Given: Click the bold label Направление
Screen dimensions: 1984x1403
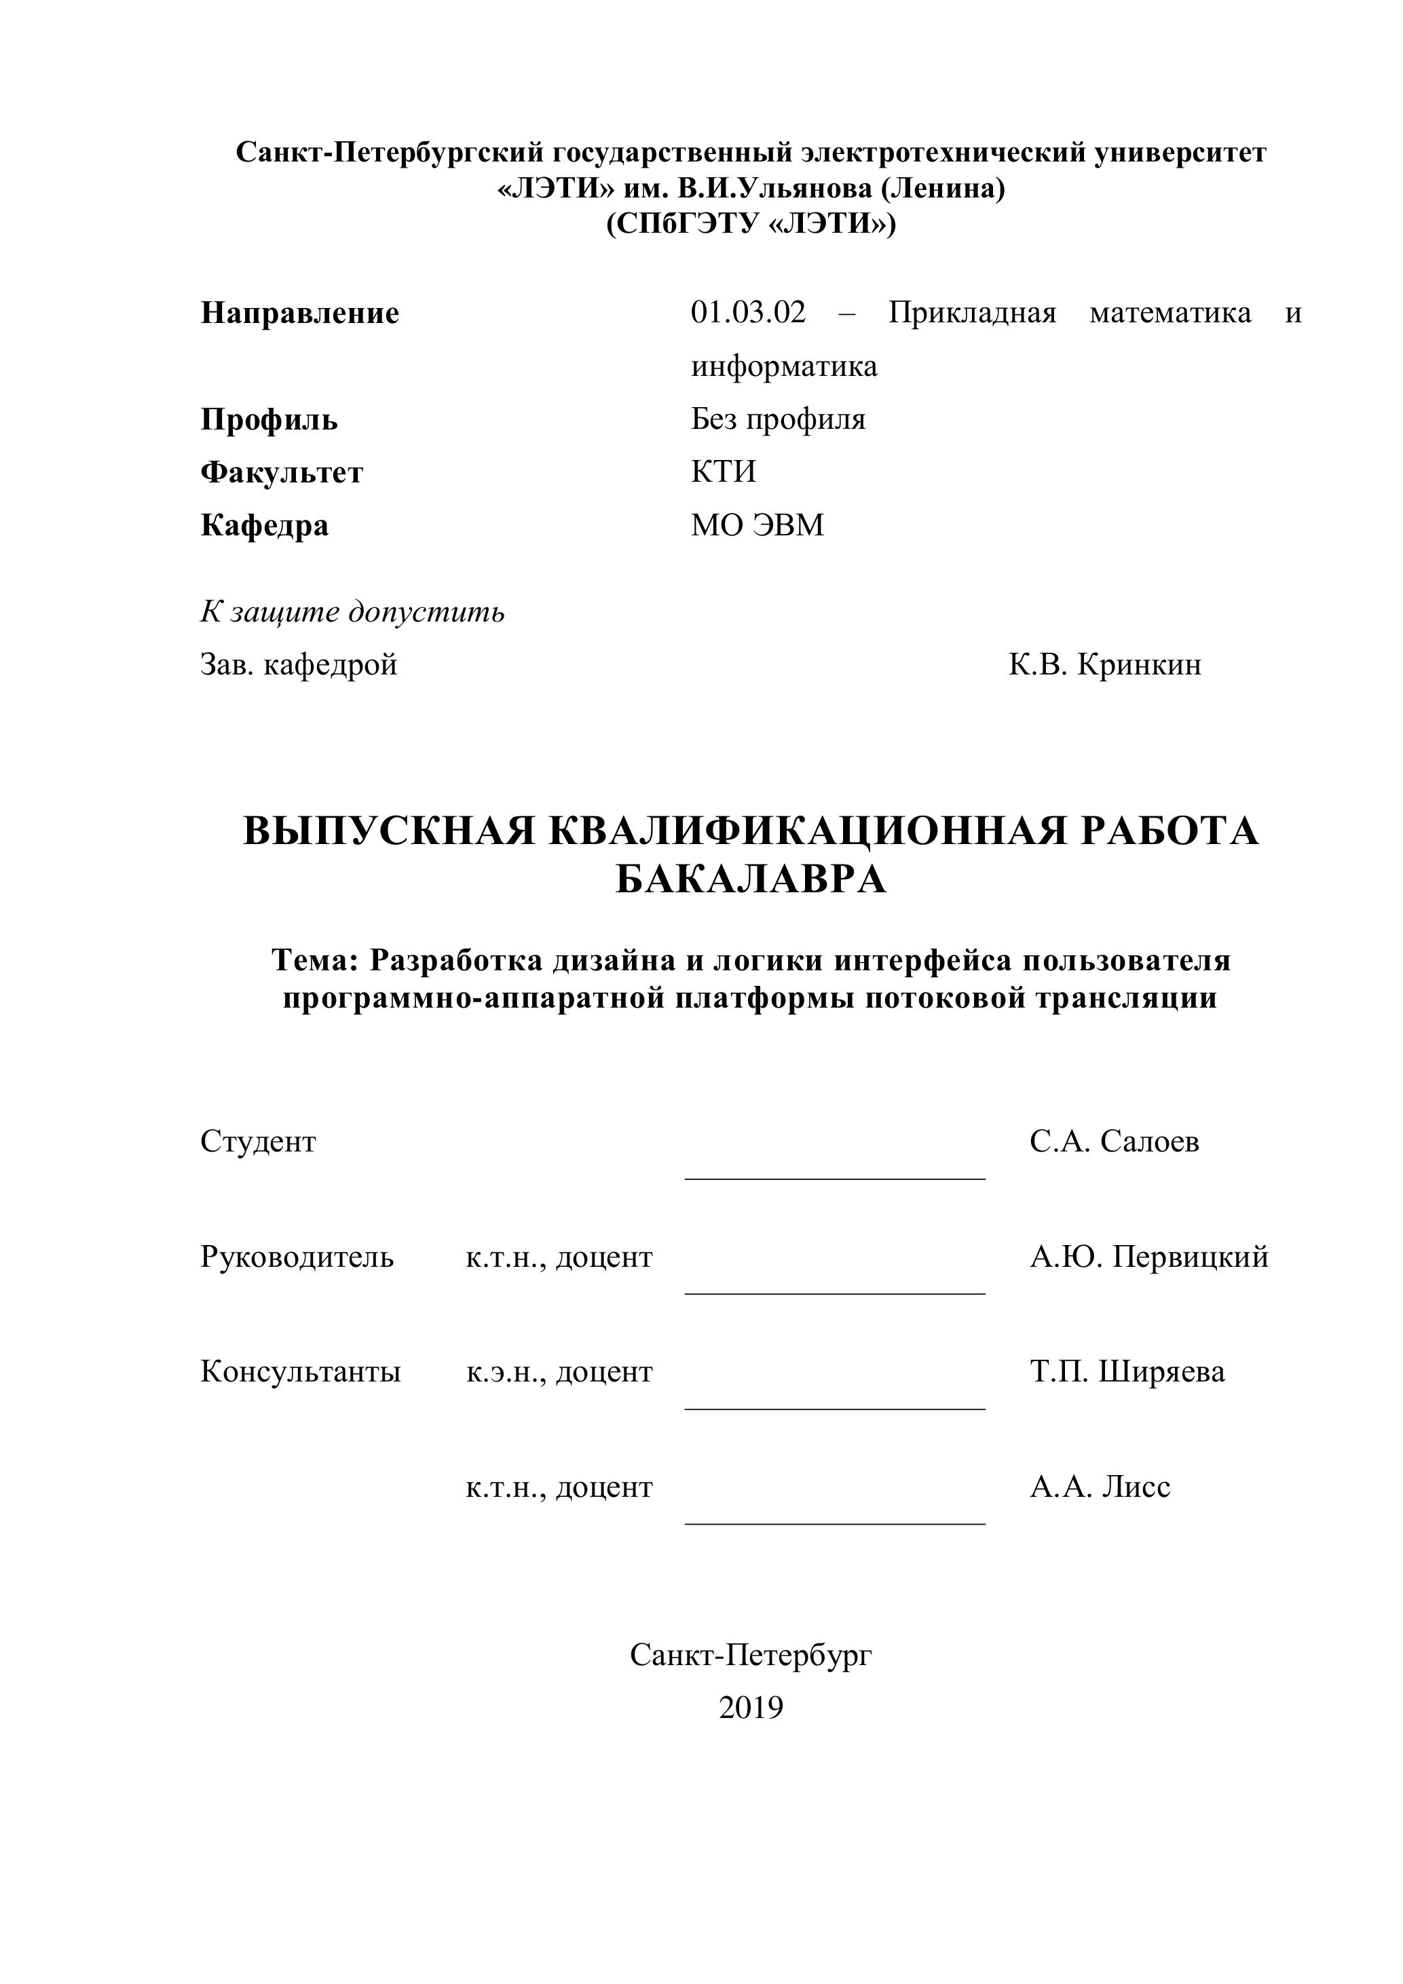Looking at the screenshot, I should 299,313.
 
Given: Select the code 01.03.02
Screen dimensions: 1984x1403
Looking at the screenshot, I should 748,312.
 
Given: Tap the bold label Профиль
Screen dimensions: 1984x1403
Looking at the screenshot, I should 269,420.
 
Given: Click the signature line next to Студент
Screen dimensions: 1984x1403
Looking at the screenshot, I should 834,1178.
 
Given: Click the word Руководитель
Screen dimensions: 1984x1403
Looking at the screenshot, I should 297,1257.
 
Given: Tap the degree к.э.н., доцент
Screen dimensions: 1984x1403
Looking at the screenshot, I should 559,1371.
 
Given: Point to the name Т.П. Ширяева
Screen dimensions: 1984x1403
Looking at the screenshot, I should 1126,1371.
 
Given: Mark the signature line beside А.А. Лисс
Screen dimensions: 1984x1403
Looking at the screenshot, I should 834,1523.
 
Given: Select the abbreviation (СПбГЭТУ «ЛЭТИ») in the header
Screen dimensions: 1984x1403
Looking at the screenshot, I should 750,224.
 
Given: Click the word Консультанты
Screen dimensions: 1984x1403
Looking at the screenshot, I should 300,1371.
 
